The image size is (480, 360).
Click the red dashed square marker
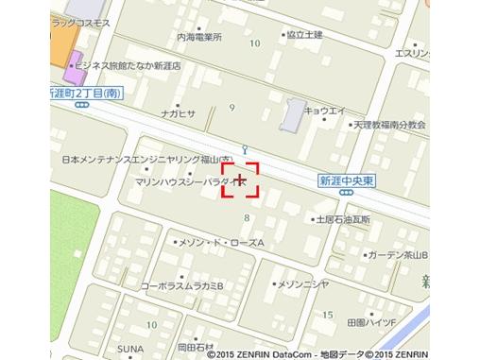tap(240, 180)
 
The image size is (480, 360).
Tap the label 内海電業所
tap(198, 37)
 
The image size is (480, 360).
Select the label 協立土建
tap(304, 34)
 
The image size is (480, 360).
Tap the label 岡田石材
tap(197, 346)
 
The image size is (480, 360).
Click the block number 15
tap(328, 314)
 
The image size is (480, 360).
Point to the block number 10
tap(254, 43)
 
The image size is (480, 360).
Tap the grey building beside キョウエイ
tap(294, 115)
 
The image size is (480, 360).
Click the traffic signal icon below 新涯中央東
tap(347, 192)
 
